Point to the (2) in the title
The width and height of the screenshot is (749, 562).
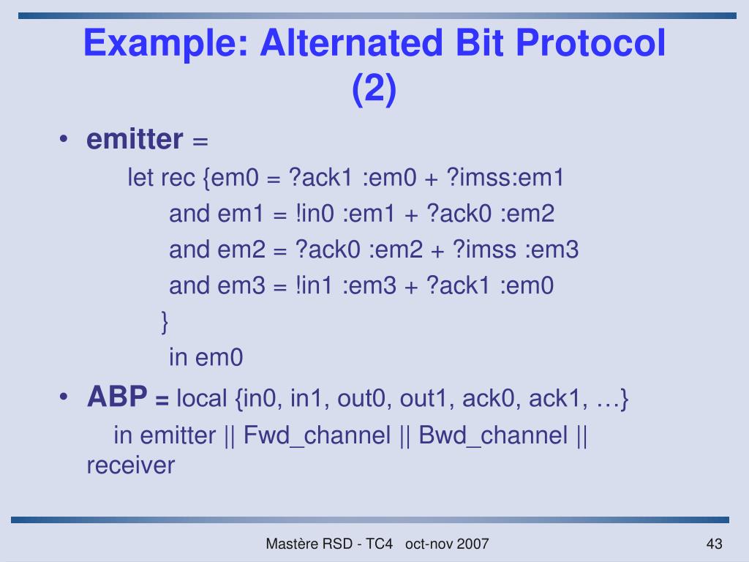(374, 90)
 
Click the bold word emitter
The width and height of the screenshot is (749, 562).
(135, 139)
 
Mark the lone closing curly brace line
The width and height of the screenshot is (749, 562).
(164, 321)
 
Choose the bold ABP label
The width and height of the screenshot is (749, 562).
(117, 397)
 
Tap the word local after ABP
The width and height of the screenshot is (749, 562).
(202, 399)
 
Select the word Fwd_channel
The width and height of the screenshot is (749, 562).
(317, 435)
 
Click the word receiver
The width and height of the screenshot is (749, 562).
(130, 465)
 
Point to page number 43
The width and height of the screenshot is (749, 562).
(714, 544)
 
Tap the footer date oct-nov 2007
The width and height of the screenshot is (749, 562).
(446, 544)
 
